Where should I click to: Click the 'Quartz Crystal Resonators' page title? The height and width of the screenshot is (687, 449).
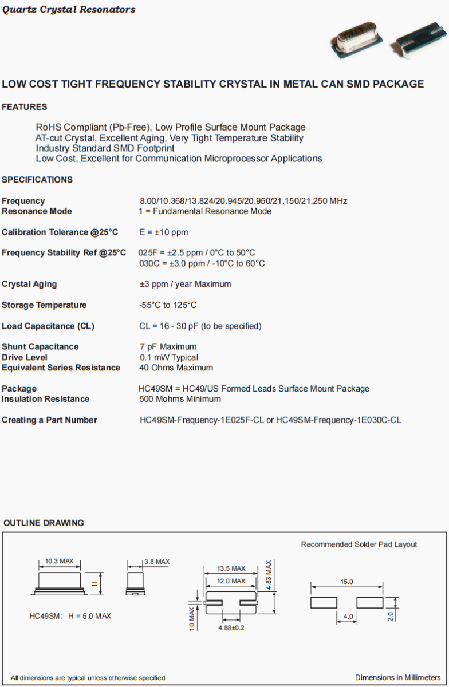click(69, 10)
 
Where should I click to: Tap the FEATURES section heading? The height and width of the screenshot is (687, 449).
click(25, 107)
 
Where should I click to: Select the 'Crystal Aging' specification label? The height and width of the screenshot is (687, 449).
click(29, 284)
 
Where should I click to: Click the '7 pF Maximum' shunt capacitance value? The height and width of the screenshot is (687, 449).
click(168, 346)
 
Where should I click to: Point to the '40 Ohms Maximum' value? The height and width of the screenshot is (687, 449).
click(176, 368)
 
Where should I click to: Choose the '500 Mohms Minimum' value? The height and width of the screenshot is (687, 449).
click(180, 399)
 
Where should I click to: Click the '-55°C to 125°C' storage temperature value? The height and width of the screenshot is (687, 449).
click(168, 305)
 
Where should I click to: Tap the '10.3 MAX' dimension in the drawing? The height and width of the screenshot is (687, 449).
click(60, 562)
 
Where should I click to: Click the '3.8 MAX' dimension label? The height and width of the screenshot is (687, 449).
click(156, 562)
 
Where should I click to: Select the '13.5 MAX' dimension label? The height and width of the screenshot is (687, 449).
click(231, 568)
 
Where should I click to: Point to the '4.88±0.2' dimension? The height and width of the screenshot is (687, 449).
click(231, 628)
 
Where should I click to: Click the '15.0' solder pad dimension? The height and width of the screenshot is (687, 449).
click(347, 582)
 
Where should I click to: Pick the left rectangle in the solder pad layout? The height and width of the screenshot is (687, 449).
click(324, 602)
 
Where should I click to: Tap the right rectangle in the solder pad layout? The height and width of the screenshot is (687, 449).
click(369, 602)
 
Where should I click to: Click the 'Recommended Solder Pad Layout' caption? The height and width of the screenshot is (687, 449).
click(359, 544)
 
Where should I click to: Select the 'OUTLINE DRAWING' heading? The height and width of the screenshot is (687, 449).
click(44, 523)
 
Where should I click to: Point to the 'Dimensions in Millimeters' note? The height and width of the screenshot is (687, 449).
click(397, 677)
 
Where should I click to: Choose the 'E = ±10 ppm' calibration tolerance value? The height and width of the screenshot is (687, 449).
click(164, 232)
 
